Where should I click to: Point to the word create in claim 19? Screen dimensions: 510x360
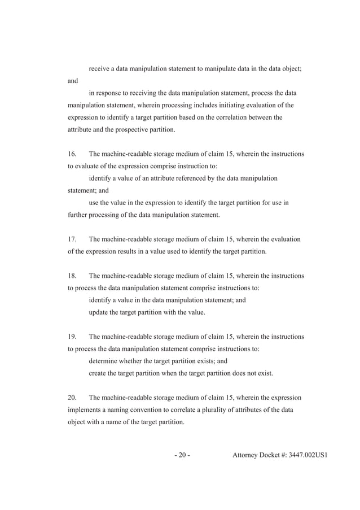99,373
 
